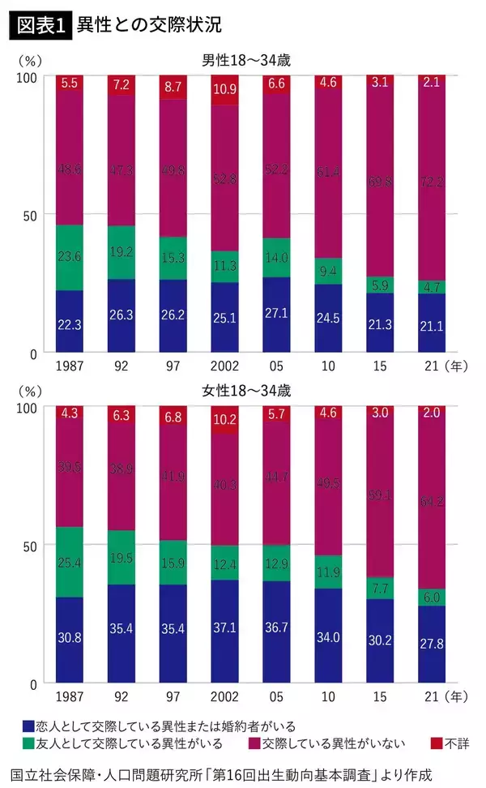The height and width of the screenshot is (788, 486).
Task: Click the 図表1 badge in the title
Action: click(39, 24)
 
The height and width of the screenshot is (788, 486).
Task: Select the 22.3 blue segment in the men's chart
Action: click(70, 323)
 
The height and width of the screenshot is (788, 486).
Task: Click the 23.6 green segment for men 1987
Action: click(70, 257)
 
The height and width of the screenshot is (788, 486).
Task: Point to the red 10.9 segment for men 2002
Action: click(224, 89)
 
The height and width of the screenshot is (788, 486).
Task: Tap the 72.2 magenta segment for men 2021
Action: click(432, 182)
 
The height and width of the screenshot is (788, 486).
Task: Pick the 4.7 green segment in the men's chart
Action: click(432, 286)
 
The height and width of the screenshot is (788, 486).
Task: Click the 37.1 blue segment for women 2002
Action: click(224, 631)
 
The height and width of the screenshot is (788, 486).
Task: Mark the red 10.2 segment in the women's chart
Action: click(224, 420)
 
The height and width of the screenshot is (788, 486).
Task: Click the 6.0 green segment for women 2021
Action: click(432, 597)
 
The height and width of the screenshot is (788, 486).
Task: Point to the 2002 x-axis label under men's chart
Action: click(224, 366)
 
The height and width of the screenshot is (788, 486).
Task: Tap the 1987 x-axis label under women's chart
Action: click(69, 697)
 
